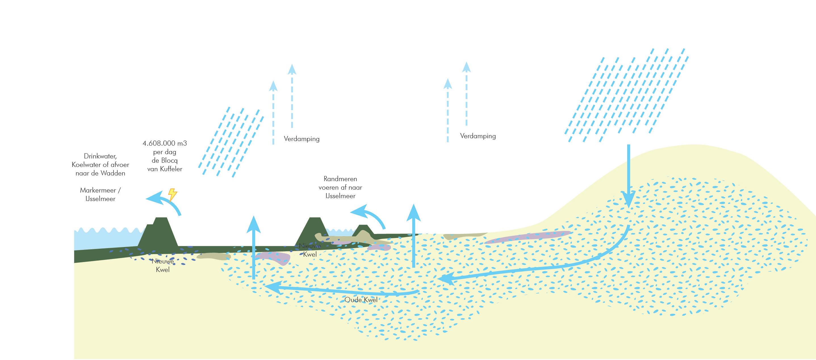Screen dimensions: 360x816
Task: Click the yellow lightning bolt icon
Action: pyautogui.click(x=172, y=194)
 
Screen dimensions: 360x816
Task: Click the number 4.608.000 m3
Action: pyautogui.click(x=165, y=143)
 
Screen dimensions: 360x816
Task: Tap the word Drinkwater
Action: pyautogui.click(x=100, y=156)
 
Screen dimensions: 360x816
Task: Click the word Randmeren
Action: pyautogui.click(x=340, y=179)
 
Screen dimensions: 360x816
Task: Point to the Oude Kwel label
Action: pyautogui.click(x=361, y=300)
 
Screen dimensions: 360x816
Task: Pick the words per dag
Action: pyautogui.click(x=165, y=152)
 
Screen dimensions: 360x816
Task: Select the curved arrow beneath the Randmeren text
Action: pyautogui.click(x=369, y=216)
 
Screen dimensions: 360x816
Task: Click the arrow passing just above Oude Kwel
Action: pyautogui.click(x=342, y=290)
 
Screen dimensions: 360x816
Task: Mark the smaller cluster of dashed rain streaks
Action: pyautogui.click(x=231, y=142)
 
